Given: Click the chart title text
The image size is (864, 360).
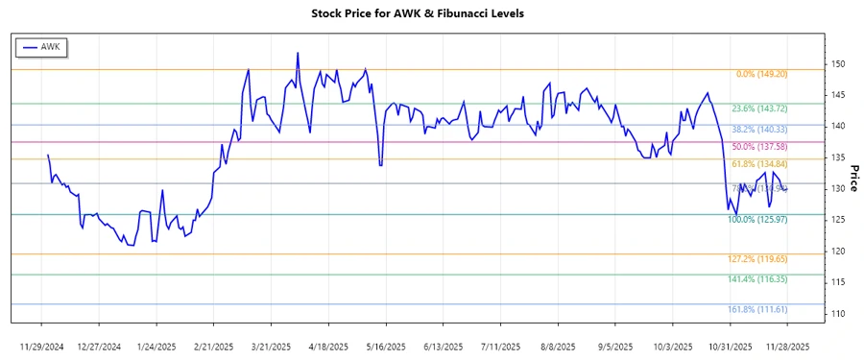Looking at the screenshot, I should tap(431, 14).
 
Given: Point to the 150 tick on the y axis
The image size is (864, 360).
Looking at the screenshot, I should tap(838, 64).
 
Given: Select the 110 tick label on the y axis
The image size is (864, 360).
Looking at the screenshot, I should tap(838, 314).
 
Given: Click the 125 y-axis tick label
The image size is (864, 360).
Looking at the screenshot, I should tap(838, 220).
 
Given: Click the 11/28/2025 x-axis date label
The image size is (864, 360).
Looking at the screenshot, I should tap(787, 347).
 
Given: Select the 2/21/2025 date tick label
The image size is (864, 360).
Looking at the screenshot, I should tap(214, 347).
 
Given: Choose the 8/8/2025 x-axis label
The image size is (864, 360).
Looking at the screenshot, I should tap(558, 347).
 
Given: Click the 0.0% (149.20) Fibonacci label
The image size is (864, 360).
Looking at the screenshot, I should tap(761, 74).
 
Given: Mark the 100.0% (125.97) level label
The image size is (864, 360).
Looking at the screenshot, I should tap(757, 220).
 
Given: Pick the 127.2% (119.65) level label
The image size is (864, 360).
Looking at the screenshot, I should tap(757, 259).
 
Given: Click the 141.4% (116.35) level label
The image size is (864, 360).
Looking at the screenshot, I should tap(757, 279).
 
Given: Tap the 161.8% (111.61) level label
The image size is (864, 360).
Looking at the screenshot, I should tap(757, 309).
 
